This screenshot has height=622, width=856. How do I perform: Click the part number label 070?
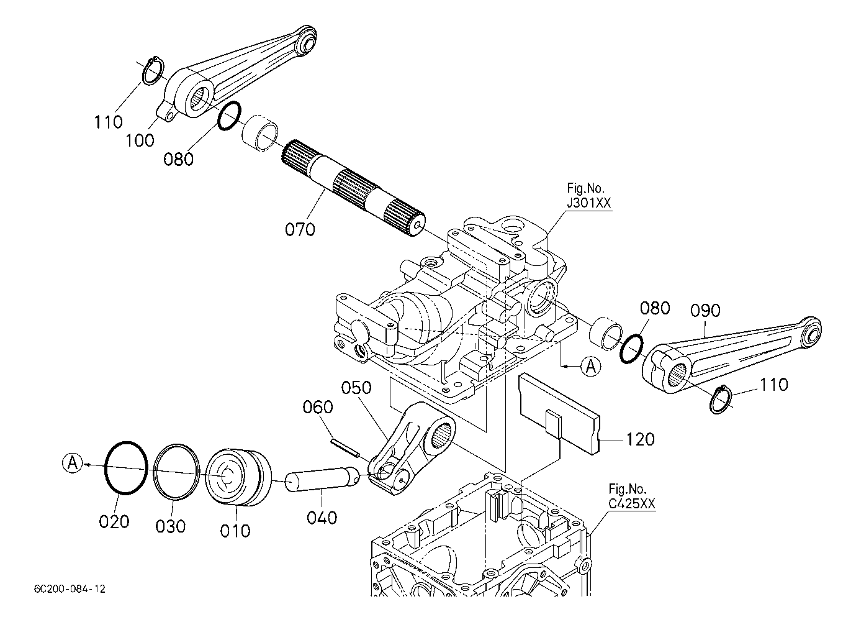click(300, 229)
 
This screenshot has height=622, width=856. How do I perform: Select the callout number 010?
click(235, 531)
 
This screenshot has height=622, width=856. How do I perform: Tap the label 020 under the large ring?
click(114, 521)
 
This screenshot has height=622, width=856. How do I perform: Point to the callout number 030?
click(171, 527)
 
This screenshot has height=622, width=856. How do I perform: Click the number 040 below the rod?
click(322, 518)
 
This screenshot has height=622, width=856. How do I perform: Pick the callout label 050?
click(356, 388)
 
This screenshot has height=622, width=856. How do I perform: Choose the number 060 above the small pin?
click(318, 407)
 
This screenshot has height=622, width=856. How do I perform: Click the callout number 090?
click(705, 310)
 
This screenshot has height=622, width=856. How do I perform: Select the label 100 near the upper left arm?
click(140, 141)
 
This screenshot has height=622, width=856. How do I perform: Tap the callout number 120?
click(640, 439)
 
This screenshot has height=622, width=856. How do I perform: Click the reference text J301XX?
click(589, 203)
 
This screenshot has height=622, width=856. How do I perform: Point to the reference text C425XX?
click(631, 504)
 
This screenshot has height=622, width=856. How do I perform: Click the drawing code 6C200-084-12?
click(70, 588)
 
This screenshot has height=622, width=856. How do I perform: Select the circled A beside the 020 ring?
click(73, 464)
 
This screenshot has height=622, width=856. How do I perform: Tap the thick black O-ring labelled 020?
click(126, 468)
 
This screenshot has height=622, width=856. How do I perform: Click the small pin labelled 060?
click(345, 447)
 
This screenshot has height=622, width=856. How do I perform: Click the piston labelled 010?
click(238, 477)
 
